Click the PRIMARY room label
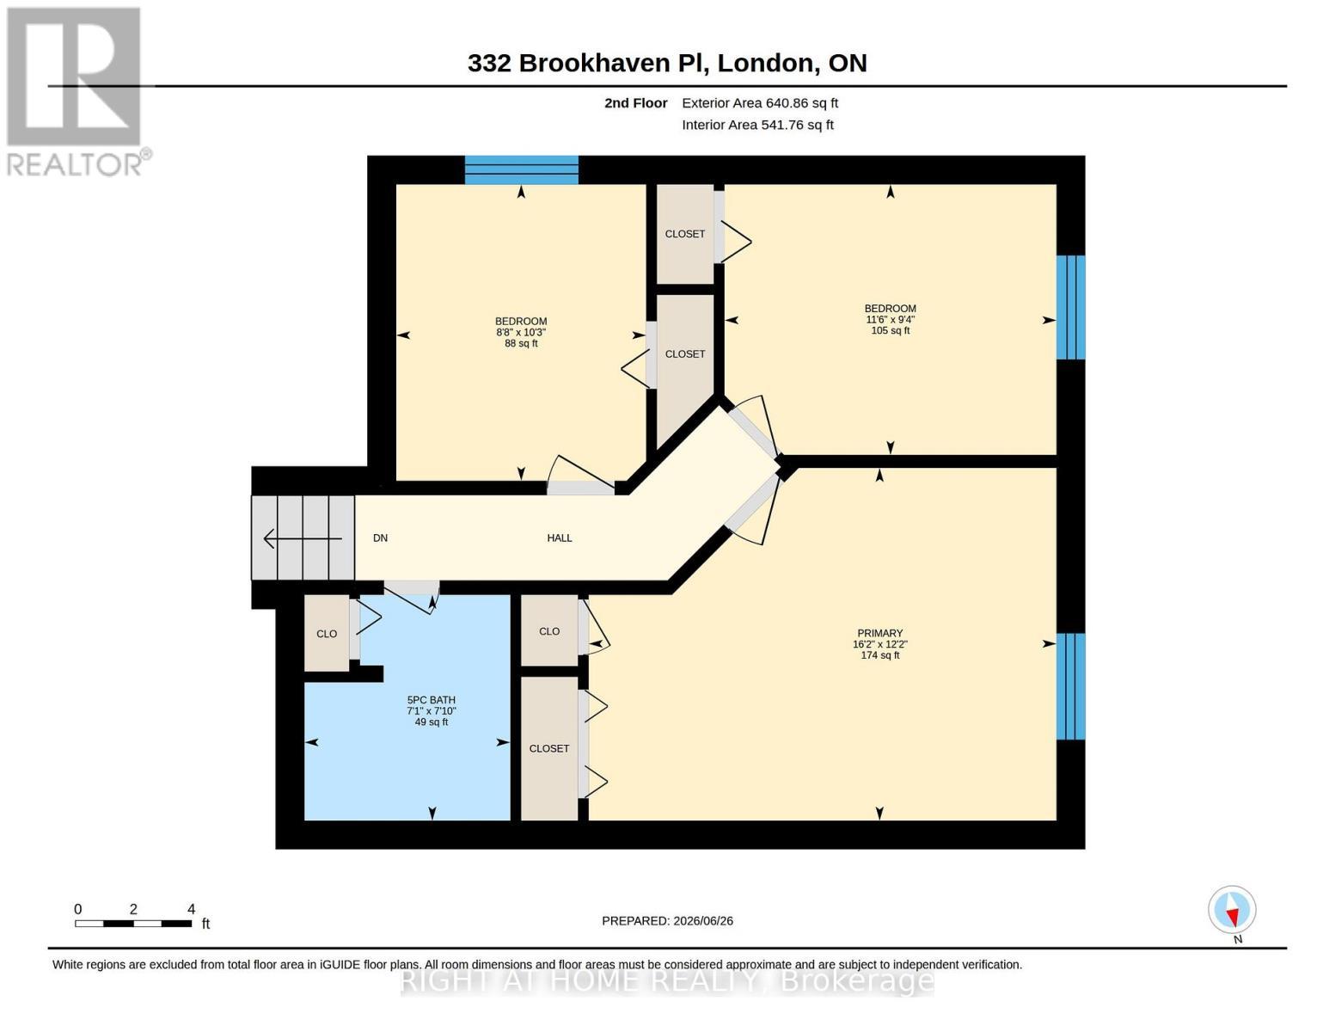pos(879,633)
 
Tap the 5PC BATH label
pos(432,699)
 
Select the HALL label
pos(559,537)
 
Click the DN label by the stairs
pos(380,537)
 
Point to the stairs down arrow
pos(303,539)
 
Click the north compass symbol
pos(1232,911)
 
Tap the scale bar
pos(133,923)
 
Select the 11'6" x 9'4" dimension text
pos(891,320)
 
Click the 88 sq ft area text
pos(521,344)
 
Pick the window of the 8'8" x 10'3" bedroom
pos(521,170)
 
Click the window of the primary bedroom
pos(1071,686)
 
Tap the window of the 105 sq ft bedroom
pos(1071,307)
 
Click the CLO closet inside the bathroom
pos(327,633)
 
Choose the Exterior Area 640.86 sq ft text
pos(760,103)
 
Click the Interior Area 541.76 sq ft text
pos(757,125)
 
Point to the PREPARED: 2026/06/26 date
pos(667,921)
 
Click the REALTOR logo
pos(77,92)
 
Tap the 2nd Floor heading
pos(636,103)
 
